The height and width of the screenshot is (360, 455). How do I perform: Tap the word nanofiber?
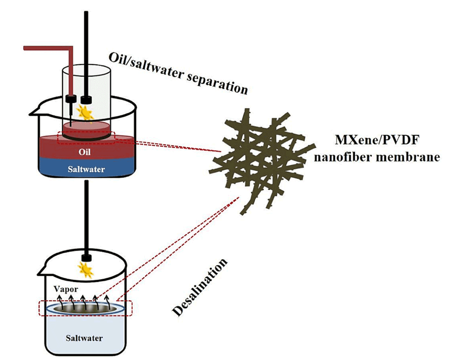339,157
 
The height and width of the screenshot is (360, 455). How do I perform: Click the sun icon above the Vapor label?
86,270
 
